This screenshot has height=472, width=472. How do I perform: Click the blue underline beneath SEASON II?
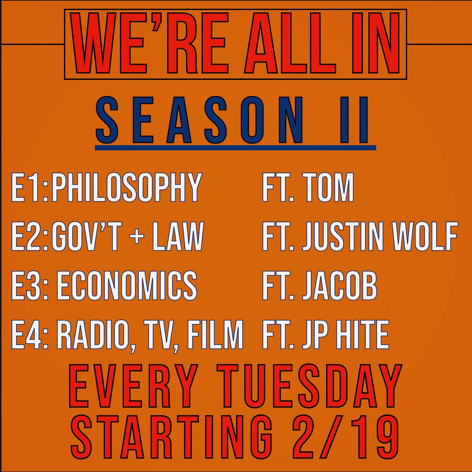[236, 148]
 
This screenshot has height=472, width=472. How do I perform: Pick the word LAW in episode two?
[177, 236]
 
